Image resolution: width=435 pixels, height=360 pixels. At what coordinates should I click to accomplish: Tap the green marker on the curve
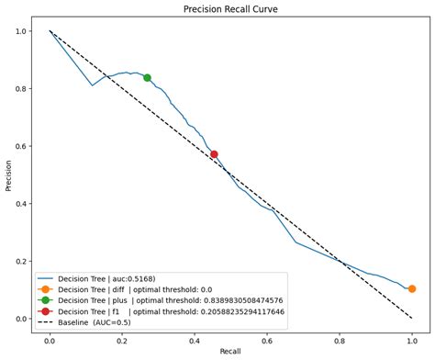tap(147, 78)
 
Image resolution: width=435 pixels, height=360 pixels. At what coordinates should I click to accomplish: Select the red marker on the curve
tap(214, 154)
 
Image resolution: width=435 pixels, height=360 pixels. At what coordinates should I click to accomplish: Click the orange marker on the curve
tap(412, 288)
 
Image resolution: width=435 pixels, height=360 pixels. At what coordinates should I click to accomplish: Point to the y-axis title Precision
tap(8, 174)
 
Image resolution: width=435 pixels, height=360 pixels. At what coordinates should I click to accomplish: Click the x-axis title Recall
tap(230, 352)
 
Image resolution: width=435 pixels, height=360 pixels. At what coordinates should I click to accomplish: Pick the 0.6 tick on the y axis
tap(19, 146)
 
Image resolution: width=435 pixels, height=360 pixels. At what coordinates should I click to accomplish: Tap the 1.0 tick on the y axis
tap(19, 31)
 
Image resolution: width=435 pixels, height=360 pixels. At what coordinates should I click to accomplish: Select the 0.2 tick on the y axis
tap(19, 261)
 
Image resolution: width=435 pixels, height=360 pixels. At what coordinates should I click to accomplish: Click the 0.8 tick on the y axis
tap(19, 88)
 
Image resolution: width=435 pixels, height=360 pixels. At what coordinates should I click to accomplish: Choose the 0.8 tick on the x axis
tap(340, 338)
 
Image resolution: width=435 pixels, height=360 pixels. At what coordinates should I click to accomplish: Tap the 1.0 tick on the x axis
tap(412, 338)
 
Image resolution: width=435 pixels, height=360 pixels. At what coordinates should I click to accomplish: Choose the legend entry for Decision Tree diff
tap(138, 287)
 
